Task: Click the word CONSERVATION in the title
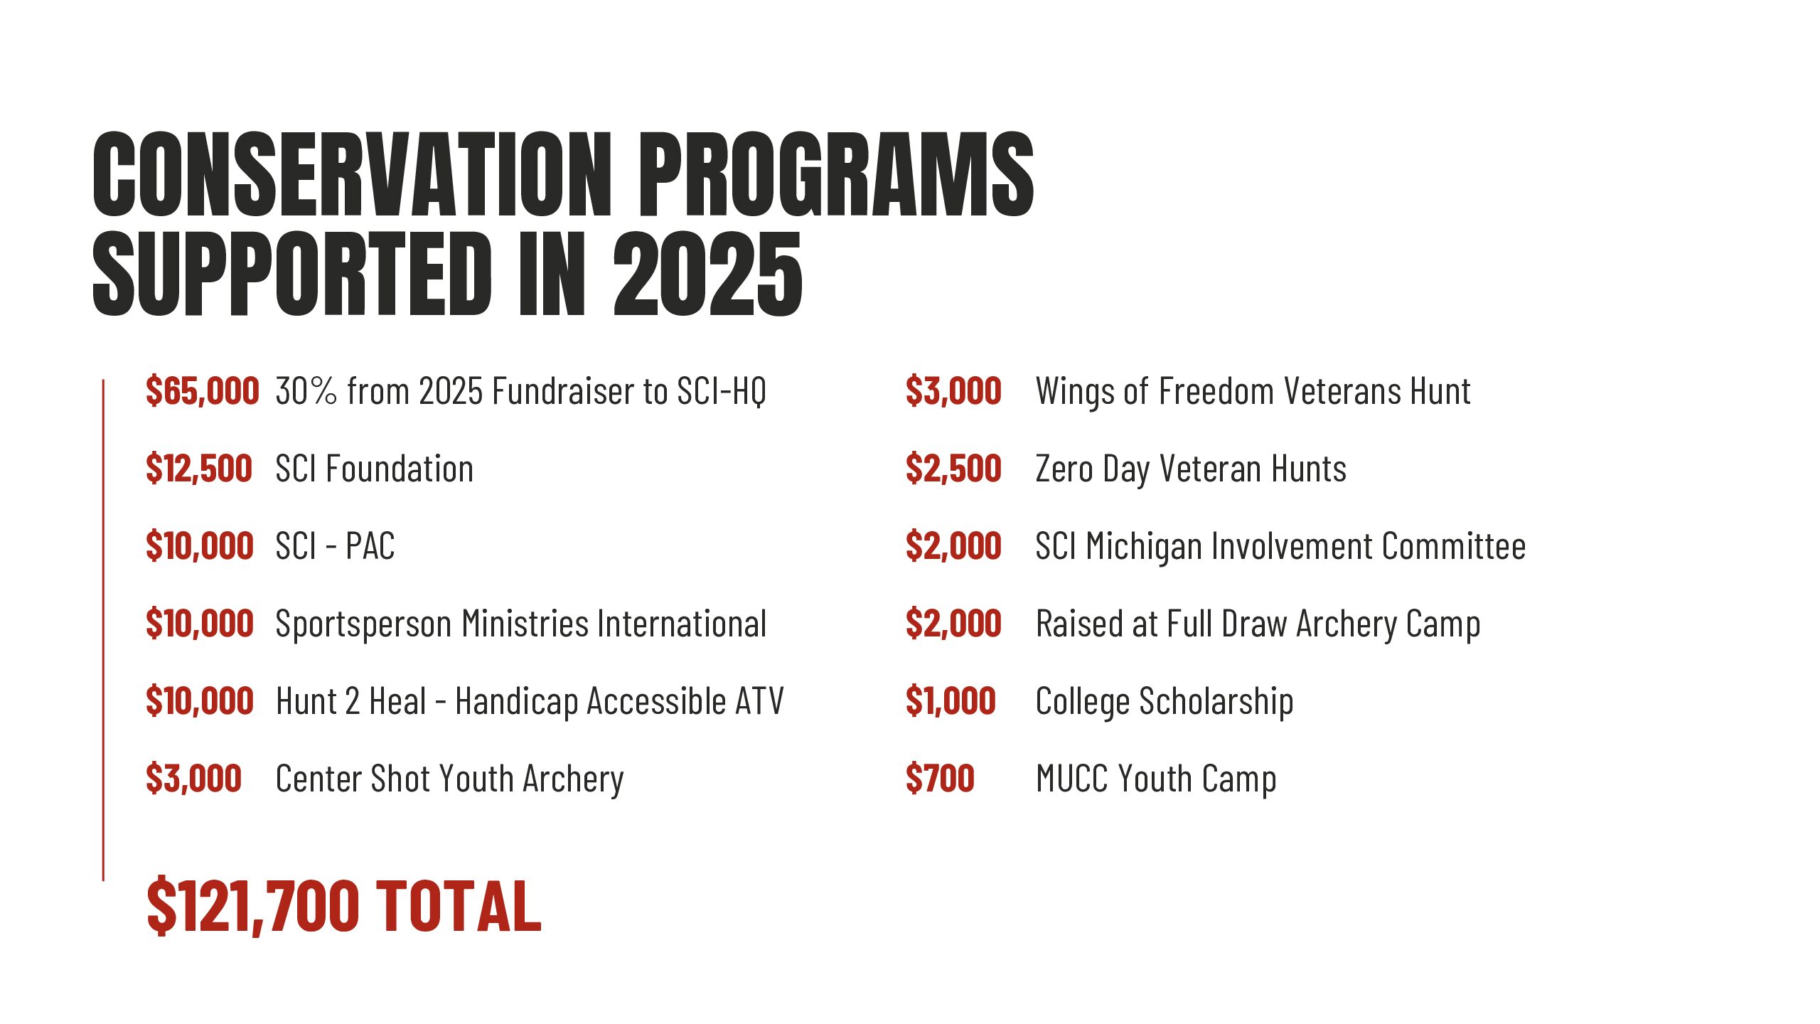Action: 352,174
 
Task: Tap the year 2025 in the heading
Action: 708,274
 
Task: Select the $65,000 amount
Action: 202,391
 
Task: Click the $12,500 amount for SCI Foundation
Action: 199,469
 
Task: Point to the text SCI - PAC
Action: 335,546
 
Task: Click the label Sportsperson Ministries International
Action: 521,624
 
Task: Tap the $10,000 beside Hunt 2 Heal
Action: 200,701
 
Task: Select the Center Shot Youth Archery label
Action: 450,779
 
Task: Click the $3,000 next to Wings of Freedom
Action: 953,391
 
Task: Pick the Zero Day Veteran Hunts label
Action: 1191,469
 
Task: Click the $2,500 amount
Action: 953,469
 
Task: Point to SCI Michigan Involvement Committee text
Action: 1280,547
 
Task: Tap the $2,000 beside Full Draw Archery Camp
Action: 953,624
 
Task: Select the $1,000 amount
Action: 951,701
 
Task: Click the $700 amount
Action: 940,779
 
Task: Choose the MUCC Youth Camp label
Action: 1156,779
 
